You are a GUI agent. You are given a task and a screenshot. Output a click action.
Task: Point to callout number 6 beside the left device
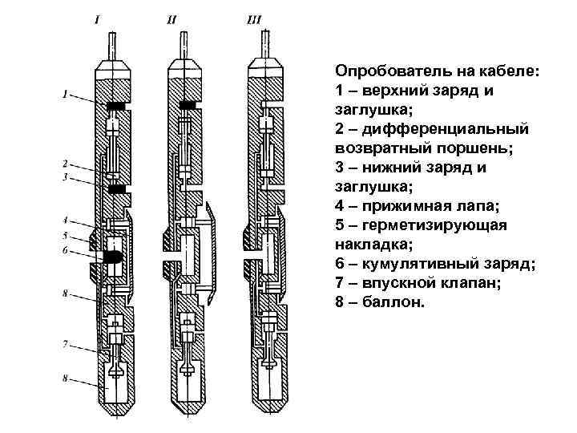click(66, 249)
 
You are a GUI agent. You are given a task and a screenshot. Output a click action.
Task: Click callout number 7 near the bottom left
click(66, 344)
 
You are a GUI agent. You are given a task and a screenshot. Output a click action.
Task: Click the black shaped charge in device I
click(111, 257)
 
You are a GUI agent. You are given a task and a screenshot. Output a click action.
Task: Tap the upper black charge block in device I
click(115, 106)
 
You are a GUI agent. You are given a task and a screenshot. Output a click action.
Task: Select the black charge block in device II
click(188, 106)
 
